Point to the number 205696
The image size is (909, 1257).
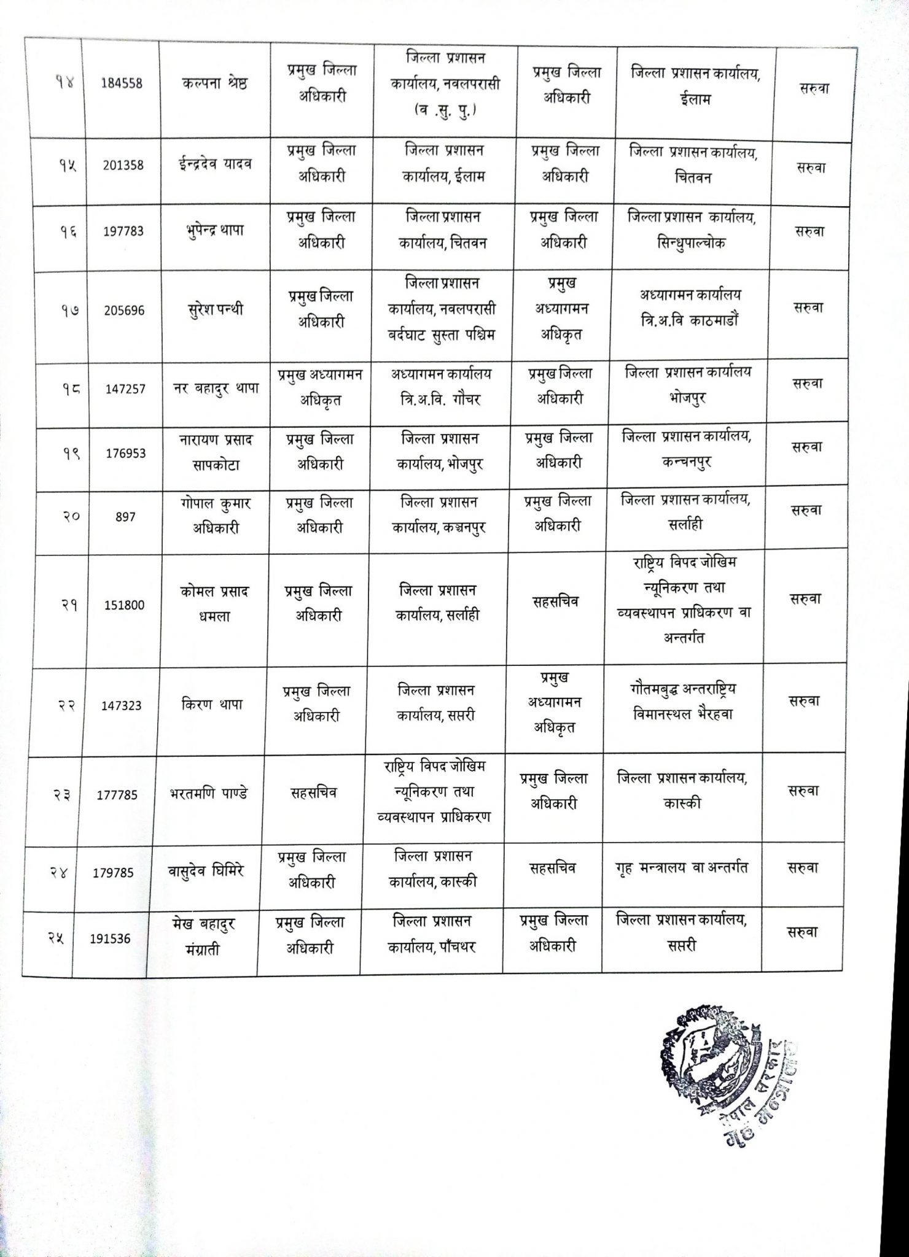point(125,311)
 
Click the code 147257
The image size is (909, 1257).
point(125,389)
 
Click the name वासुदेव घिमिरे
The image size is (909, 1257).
point(205,871)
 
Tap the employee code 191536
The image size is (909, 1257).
point(111,938)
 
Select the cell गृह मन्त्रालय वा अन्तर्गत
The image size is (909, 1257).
point(681,868)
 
